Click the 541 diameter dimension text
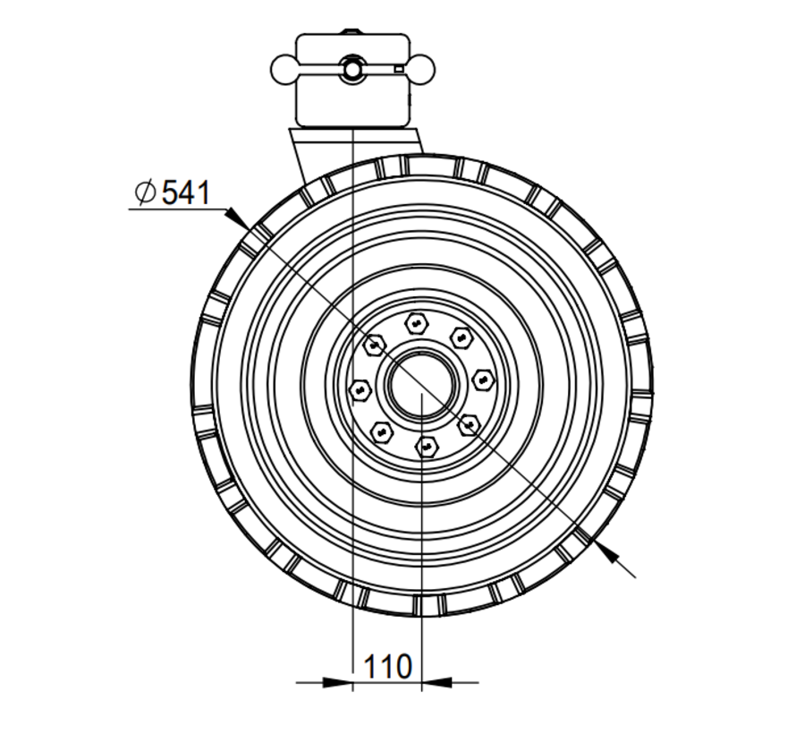point(185,192)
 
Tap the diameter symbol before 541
point(144,192)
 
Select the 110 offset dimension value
point(387,666)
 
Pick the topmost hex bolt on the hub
point(418,322)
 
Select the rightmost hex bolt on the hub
point(482,380)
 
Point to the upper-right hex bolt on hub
point(461,337)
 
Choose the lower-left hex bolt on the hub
point(382,431)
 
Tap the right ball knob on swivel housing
point(419,67)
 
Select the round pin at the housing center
point(351,68)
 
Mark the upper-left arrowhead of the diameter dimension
point(235,216)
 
